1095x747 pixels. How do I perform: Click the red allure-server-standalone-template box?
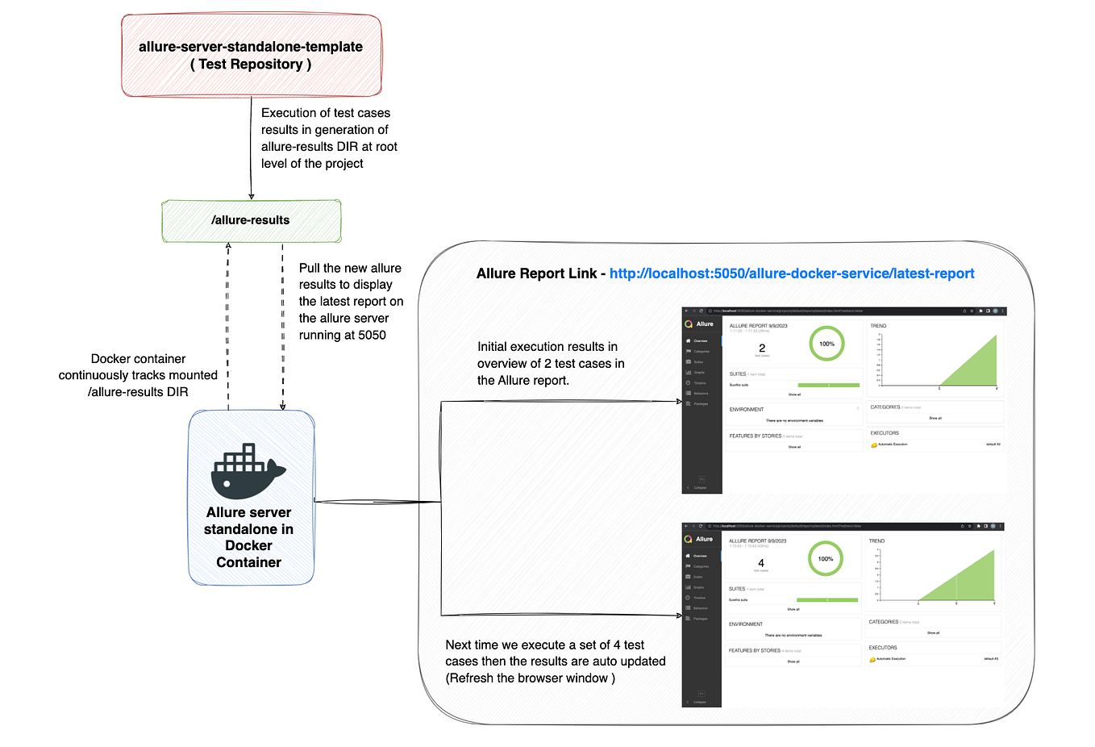[251, 56]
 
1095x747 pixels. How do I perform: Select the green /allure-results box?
[251, 221]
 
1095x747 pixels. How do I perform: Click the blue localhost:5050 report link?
[791, 273]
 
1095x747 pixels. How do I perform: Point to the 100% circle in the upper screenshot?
[826, 344]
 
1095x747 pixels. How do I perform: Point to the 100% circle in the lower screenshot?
[825, 558]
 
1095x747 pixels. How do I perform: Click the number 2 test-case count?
[762, 348]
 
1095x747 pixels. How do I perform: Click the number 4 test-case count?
[761, 563]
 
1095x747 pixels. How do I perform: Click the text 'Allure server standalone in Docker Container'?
[248, 537]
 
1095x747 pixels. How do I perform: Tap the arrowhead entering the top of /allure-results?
[252, 195]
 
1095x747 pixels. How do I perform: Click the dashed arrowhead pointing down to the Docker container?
[282, 406]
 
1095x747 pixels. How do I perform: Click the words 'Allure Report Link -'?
[540, 273]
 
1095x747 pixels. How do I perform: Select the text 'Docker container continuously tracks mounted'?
[138, 367]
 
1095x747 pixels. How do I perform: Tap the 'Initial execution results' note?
[550, 363]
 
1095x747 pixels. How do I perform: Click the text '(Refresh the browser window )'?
[530, 678]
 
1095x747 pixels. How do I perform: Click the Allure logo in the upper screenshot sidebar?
[689, 324]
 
